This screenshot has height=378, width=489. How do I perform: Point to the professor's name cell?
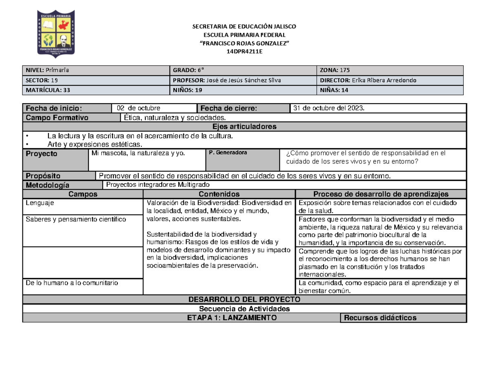[244, 80]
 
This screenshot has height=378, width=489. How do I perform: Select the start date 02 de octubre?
[139, 108]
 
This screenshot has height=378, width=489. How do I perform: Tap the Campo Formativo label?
[57, 118]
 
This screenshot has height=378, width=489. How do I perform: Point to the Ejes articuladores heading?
[244, 126]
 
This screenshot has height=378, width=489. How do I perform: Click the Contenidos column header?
[219, 194]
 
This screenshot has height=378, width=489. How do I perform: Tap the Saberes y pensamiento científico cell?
[76, 219]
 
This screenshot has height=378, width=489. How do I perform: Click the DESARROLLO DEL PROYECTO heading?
[244, 299]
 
